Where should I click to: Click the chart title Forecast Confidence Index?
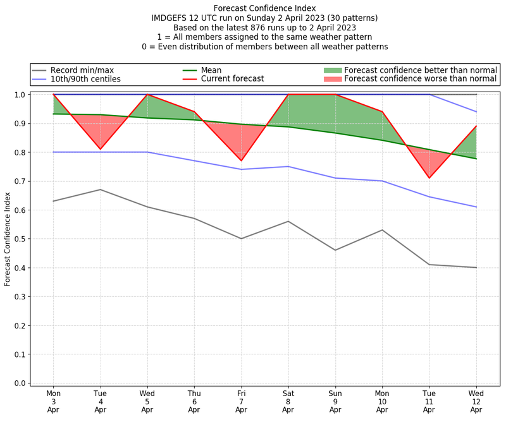264,8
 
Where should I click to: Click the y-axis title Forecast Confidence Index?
8,238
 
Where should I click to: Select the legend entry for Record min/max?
82,70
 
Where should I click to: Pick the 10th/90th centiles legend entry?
85,80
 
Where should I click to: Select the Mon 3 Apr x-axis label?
53,400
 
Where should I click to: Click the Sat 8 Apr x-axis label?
288,400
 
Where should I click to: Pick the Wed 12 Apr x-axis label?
476,400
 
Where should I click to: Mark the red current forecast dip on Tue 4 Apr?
100,149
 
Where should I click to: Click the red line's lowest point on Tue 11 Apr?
429,178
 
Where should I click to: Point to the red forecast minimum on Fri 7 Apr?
241,160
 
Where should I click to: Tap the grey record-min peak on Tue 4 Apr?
100,189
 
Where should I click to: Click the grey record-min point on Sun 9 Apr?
335,250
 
